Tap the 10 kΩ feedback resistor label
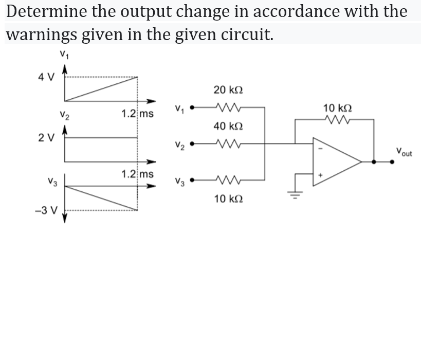338,108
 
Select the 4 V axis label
46,77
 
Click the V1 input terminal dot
192,108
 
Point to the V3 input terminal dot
192,180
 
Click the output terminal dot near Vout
392,161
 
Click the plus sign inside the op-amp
319,175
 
